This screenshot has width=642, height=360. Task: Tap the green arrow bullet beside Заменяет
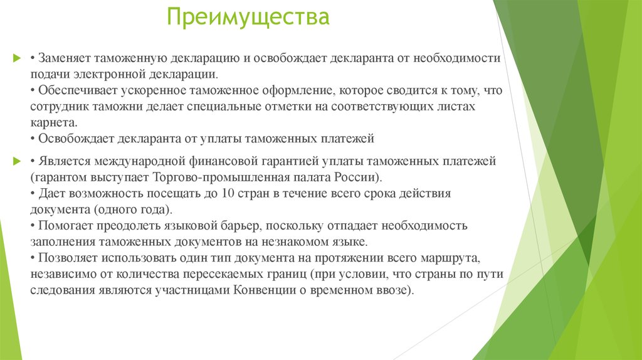click(17, 58)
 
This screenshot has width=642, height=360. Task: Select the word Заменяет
click(65, 58)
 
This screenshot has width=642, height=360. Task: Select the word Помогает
click(66, 225)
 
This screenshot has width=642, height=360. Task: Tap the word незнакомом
click(296, 241)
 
